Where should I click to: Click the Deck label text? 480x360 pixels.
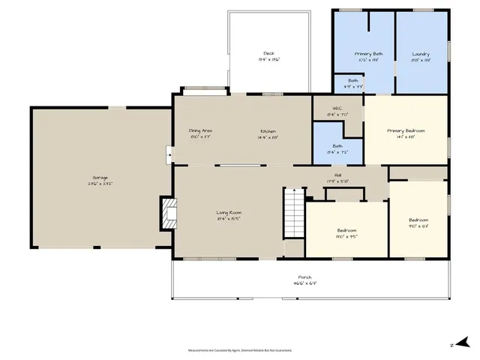268,53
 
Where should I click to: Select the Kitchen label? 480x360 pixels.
268,131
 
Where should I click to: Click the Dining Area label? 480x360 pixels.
200,131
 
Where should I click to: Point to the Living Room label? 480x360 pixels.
229,213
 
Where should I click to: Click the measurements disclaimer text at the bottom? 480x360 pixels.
239,349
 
